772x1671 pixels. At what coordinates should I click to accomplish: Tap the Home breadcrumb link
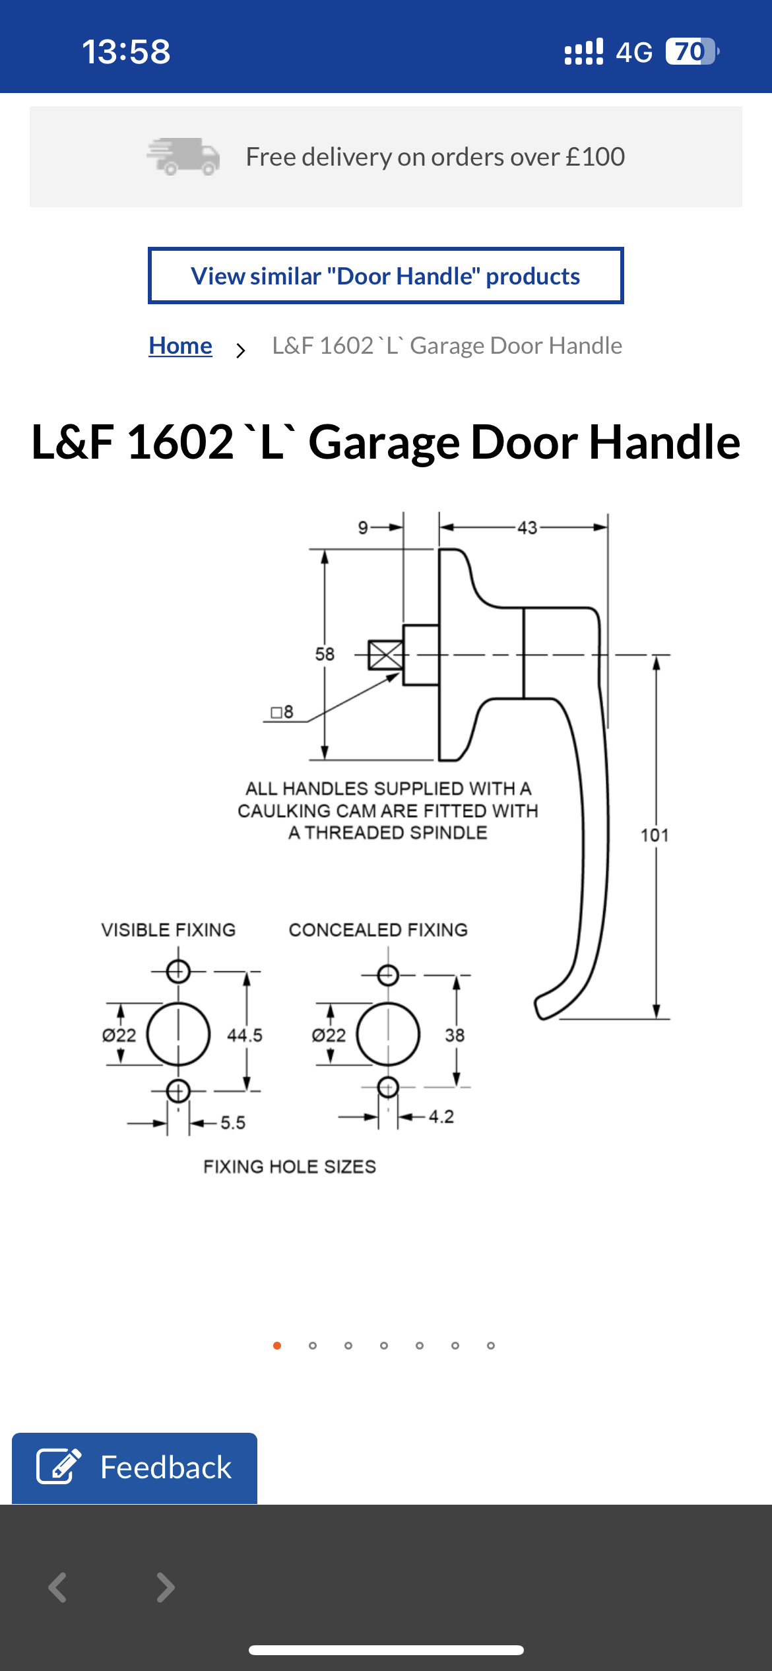[180, 346]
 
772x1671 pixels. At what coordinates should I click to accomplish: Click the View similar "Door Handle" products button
[385, 276]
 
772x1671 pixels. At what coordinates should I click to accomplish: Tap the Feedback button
[135, 1468]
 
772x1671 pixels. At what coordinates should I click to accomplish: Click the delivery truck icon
[183, 156]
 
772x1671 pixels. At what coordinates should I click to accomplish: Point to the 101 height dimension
[655, 835]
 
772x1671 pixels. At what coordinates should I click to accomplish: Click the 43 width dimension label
[527, 528]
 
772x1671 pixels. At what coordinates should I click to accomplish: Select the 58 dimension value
[325, 654]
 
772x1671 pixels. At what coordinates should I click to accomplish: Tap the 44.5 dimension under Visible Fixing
[245, 1035]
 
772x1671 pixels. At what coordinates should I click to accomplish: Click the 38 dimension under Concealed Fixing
[455, 1035]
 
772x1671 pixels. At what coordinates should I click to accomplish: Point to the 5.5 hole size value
[233, 1123]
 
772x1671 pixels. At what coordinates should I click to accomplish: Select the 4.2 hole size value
[441, 1117]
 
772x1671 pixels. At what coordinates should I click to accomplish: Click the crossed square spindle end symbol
[385, 655]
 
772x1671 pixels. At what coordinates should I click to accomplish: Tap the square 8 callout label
[282, 712]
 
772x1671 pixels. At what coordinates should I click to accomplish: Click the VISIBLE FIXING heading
[168, 930]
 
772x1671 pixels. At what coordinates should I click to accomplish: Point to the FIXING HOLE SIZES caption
[290, 1167]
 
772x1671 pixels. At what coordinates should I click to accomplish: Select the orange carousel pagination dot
[277, 1346]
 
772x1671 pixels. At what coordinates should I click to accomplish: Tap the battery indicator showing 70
[690, 51]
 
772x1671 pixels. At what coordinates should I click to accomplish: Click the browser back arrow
[58, 1587]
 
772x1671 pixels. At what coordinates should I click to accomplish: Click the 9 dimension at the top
[363, 527]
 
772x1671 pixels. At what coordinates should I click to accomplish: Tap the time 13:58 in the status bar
[126, 51]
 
